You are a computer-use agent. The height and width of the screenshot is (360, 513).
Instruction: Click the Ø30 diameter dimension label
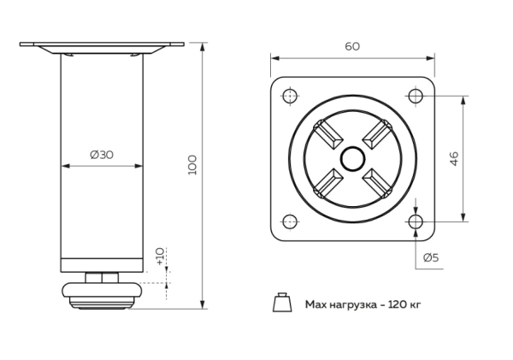[101, 155]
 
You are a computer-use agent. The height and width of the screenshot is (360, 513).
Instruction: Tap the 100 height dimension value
[192, 164]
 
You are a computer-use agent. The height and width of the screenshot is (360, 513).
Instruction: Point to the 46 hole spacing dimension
[479, 158]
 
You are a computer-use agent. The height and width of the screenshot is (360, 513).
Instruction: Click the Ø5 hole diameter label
[432, 257]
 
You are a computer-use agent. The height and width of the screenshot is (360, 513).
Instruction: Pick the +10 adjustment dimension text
[160, 256]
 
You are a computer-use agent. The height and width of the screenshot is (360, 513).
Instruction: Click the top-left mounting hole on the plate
[288, 95]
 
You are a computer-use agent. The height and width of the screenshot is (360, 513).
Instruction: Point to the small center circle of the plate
[351, 159]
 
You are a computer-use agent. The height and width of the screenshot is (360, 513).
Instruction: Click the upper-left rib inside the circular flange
[327, 134]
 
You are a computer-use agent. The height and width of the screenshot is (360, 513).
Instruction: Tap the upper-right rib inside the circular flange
[376, 134]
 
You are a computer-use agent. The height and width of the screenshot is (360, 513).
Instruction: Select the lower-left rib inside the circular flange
[327, 183]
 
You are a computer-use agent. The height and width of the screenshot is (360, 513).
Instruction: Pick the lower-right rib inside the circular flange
[376, 183]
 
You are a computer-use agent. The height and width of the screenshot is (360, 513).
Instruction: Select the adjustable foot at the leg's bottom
[101, 293]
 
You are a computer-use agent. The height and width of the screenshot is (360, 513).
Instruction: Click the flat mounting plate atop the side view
[101, 44]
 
